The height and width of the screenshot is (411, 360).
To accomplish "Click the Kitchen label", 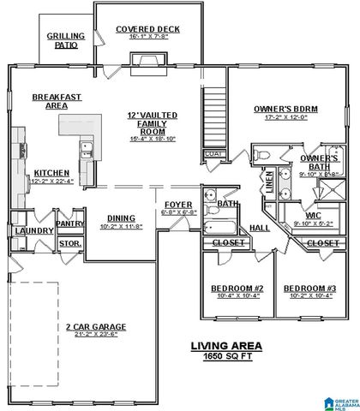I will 51,172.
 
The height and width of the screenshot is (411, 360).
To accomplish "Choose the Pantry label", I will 69,223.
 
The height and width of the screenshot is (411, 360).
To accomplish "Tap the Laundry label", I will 33,230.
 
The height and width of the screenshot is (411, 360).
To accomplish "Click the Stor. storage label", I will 69,244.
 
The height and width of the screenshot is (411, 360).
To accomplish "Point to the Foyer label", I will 180,205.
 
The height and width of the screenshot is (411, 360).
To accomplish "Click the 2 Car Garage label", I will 96,326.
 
